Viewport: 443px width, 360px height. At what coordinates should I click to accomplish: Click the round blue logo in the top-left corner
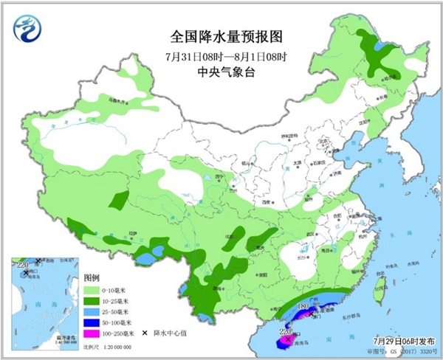[x=29, y=29]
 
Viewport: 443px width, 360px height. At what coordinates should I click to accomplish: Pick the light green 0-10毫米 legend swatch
[x=93, y=291]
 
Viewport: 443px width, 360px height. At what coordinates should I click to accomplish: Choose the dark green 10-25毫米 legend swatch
[x=93, y=302]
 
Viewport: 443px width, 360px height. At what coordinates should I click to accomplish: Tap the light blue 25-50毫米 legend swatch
[x=93, y=313]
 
